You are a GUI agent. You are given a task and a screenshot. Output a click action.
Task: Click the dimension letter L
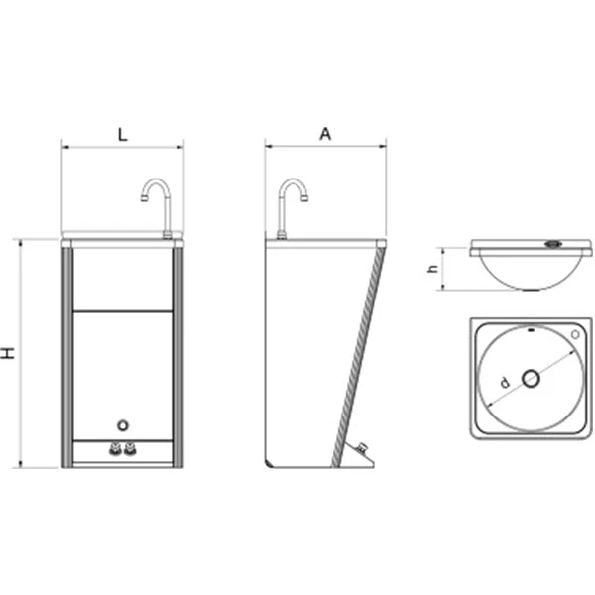tap(123, 135)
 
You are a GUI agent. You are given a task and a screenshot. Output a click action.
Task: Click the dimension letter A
tap(325, 134)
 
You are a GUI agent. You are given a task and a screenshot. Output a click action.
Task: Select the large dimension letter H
tap(8, 353)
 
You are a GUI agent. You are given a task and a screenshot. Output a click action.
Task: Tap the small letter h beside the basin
tap(433, 269)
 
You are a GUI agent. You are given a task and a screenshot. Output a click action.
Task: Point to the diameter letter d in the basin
tap(505, 382)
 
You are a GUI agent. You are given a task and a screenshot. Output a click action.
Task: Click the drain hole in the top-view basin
tap(531, 379)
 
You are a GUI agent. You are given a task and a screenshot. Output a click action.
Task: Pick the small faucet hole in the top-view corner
tap(575, 334)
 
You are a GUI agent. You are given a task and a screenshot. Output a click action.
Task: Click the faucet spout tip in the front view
tap(144, 197)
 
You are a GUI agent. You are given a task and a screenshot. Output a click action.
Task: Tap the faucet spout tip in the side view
tap(304, 197)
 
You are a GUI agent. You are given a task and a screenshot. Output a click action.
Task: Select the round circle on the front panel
tap(123, 425)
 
